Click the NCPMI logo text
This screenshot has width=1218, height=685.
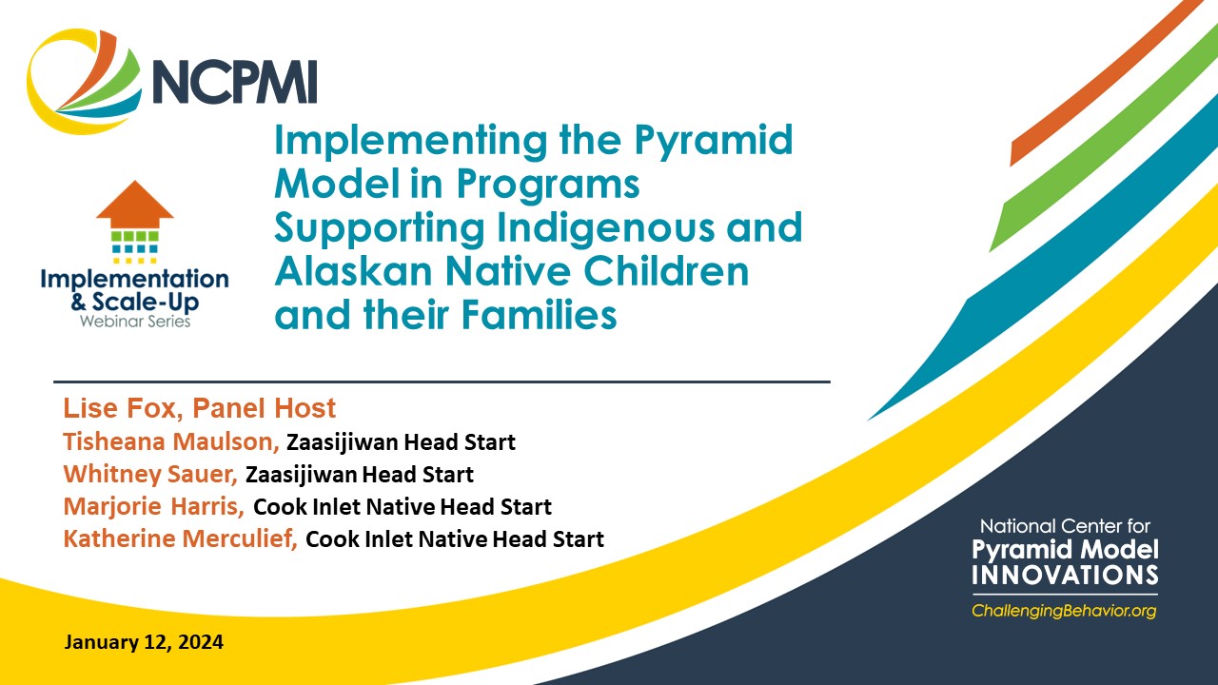coord(233,81)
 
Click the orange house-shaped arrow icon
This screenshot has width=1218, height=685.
coord(134,203)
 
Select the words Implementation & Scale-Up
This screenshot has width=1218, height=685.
coord(134,289)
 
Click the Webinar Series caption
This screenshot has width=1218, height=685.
coord(134,321)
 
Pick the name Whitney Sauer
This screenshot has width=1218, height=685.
coord(150,474)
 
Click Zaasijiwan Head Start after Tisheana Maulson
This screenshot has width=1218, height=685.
coord(401,442)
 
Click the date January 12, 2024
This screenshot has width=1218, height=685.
coord(144,642)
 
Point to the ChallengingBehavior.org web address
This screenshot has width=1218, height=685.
coord(1064,611)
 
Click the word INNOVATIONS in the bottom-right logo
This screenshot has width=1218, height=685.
coord(1065,575)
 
